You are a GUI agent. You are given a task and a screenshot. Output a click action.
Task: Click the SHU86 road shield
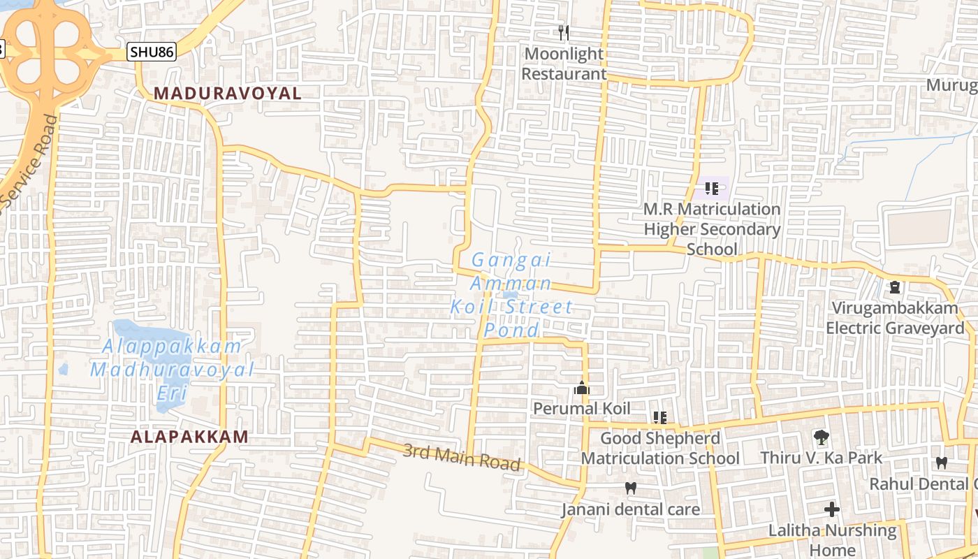click(x=152, y=51)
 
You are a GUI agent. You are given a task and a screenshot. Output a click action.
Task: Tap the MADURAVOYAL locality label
click(x=227, y=93)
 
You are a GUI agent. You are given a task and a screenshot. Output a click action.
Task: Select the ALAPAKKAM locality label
click(x=189, y=437)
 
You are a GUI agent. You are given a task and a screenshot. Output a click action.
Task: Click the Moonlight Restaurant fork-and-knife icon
click(x=564, y=32)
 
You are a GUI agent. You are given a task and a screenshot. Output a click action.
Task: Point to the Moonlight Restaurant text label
click(x=564, y=64)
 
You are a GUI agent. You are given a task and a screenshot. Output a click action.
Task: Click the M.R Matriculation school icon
click(x=712, y=188)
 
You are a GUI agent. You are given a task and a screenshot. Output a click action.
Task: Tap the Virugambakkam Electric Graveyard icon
click(x=894, y=287)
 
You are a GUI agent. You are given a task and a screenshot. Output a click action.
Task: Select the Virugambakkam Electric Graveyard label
click(x=894, y=318)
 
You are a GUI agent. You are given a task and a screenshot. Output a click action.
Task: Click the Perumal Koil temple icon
click(x=581, y=388)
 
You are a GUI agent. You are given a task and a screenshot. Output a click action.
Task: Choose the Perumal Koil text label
click(x=581, y=408)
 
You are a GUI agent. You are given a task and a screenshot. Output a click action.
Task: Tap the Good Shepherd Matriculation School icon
click(x=659, y=418)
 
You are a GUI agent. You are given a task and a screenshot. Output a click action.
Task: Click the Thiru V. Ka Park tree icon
click(x=822, y=438)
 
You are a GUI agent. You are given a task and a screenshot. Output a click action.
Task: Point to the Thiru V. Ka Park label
click(x=822, y=458)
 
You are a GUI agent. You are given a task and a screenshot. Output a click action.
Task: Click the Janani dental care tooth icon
click(x=631, y=488)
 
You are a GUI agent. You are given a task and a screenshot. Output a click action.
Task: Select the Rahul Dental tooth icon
click(x=941, y=463)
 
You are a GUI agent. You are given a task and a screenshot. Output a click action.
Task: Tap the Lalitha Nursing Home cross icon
click(x=831, y=509)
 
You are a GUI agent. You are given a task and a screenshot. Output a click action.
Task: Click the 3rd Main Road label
click(x=462, y=457)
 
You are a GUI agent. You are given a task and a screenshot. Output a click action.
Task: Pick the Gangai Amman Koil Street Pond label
click(x=511, y=295)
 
